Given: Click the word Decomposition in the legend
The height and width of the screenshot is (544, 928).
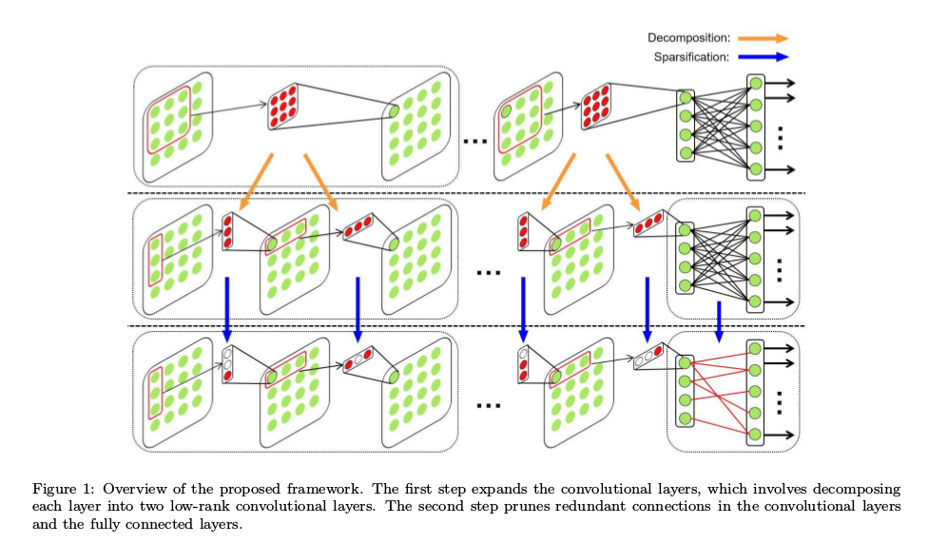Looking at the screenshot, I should click(689, 38).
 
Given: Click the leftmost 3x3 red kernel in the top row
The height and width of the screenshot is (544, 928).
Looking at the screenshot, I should click(284, 107).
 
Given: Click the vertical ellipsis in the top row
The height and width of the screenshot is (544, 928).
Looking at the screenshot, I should click(781, 137).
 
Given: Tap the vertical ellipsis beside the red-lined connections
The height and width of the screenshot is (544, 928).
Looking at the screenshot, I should click(781, 401).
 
